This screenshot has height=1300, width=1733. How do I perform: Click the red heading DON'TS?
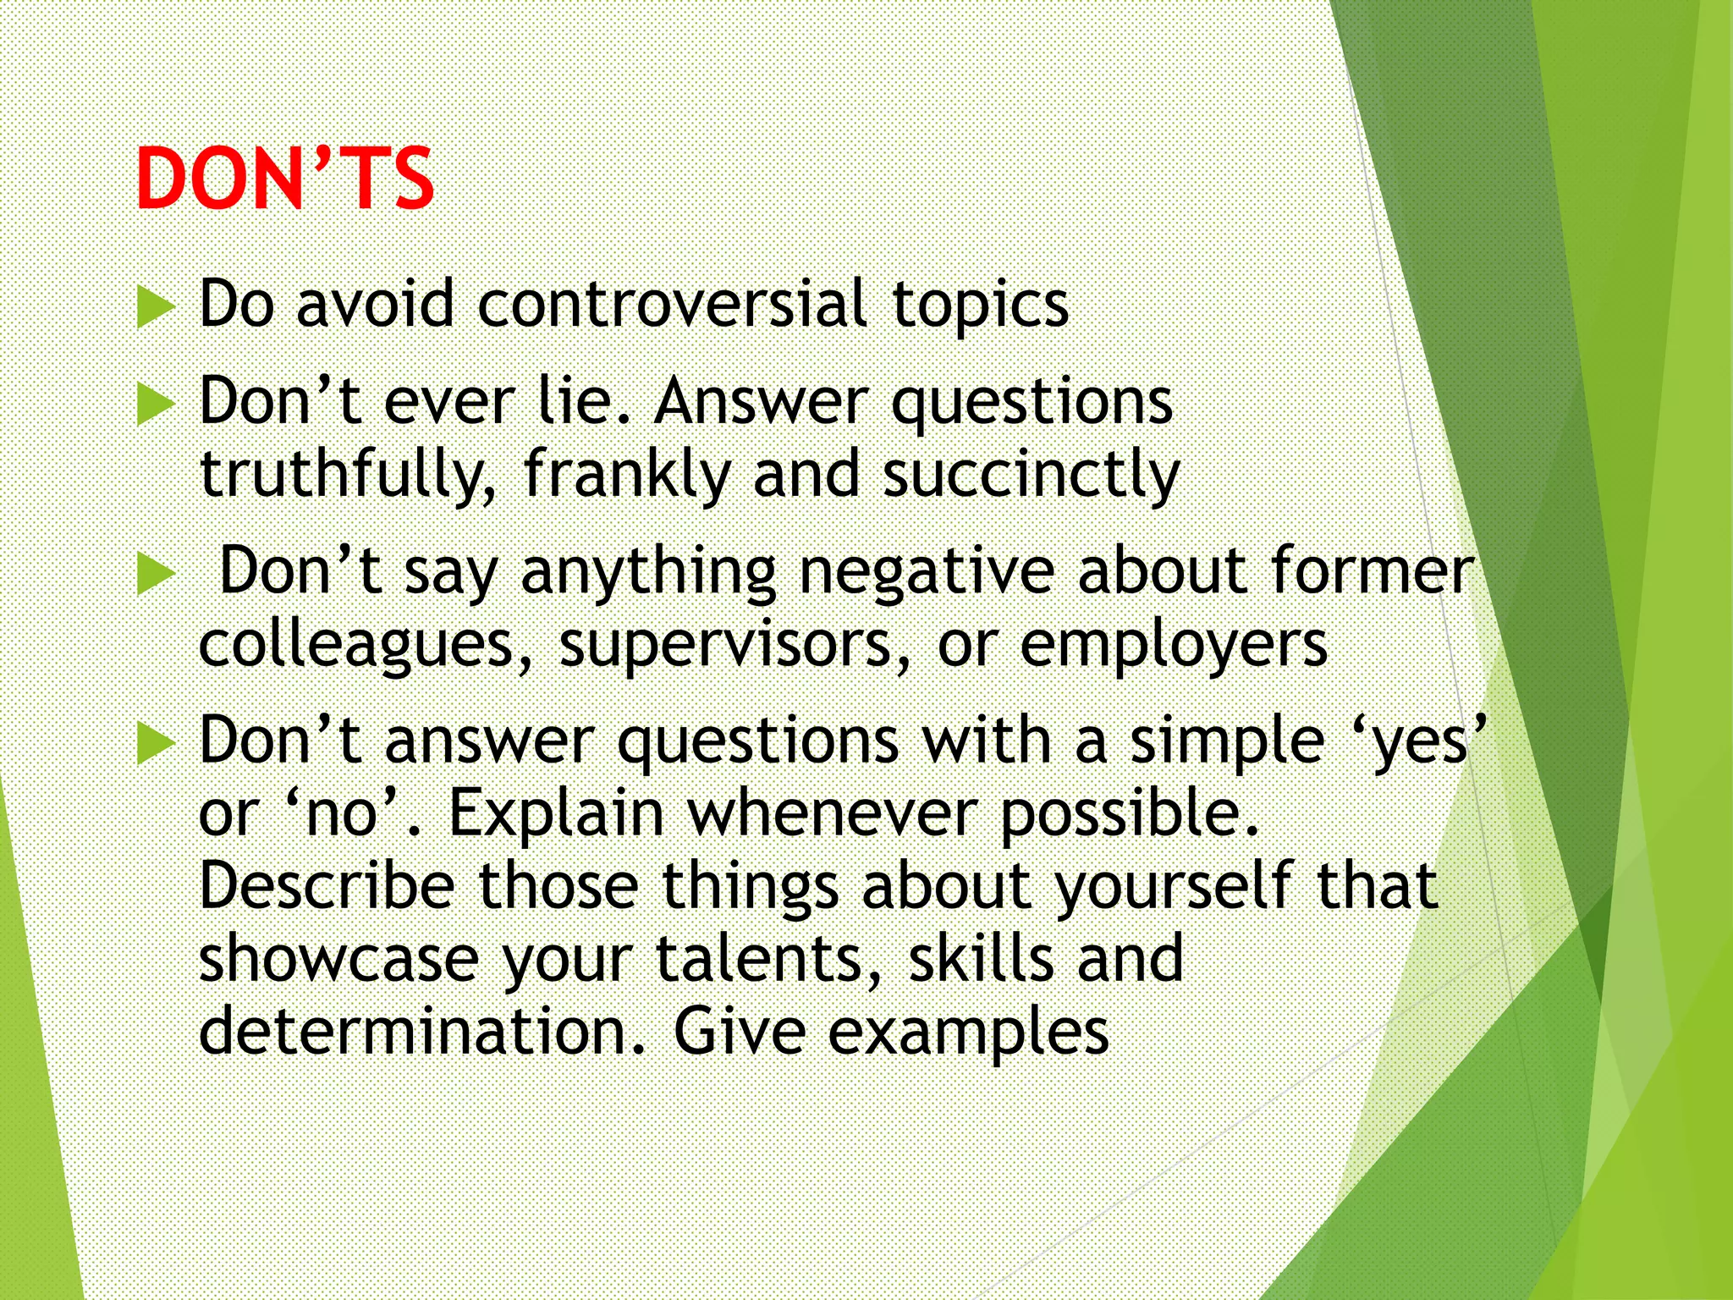[x=284, y=179]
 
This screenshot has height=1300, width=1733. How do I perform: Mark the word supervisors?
[x=735, y=645]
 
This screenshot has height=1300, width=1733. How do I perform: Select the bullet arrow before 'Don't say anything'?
[x=155, y=575]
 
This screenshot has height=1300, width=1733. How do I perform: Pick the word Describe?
[x=327, y=885]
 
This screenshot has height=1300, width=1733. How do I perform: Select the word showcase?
[x=338, y=958]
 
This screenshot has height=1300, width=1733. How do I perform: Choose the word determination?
[x=422, y=1031]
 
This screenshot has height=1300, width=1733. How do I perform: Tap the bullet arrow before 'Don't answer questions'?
[x=155, y=744]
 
